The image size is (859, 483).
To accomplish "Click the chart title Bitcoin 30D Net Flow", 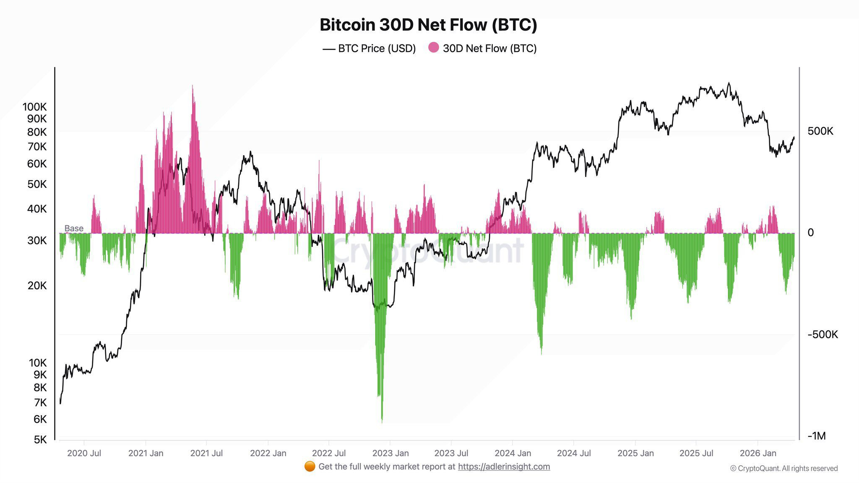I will click(428, 25).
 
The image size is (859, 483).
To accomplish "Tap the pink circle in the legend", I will click(433, 48).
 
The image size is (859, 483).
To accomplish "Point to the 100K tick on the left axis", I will click(35, 107).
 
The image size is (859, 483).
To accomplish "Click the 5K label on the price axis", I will click(40, 439).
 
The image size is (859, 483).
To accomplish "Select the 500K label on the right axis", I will click(820, 131).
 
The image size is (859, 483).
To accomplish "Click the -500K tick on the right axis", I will click(823, 335).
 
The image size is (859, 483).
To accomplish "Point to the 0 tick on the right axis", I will click(810, 233).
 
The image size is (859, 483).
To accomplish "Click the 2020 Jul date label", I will click(84, 453).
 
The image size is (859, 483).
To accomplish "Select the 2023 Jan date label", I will click(390, 453).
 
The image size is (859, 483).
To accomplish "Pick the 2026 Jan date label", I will click(758, 453).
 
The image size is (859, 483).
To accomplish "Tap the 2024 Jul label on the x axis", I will click(574, 453).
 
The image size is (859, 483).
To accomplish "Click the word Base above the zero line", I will click(74, 229).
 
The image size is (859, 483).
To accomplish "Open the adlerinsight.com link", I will click(504, 467).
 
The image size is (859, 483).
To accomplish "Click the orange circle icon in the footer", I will click(310, 466).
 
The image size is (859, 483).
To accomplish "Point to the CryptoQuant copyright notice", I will click(784, 468).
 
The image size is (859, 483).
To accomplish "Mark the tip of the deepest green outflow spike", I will click(382, 421).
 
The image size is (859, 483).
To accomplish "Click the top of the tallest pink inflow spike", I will click(193, 86).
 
